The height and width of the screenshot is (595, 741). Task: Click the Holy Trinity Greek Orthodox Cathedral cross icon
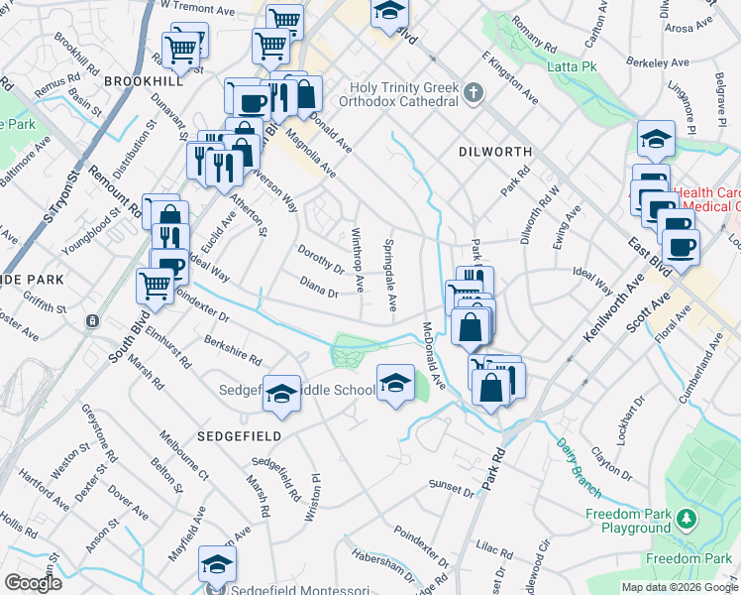tap(474, 94)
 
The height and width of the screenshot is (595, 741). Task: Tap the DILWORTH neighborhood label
tap(495, 152)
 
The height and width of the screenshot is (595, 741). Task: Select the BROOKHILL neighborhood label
tap(138, 80)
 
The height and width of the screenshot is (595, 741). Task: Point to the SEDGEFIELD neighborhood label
tap(239, 435)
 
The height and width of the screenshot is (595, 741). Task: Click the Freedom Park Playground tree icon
tap(685, 519)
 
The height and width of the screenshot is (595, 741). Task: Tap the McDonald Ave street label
tap(431, 353)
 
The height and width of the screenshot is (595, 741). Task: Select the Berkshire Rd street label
tap(234, 347)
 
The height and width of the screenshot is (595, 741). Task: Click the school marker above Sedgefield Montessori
tap(217, 563)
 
